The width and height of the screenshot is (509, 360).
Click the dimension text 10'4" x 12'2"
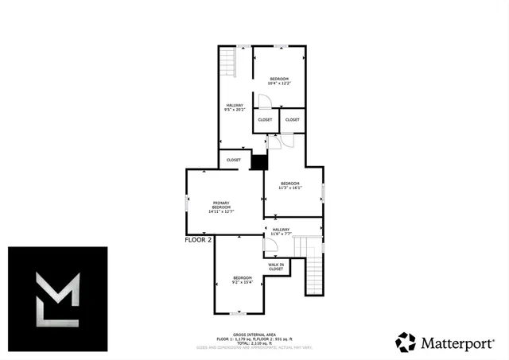(x=278, y=83)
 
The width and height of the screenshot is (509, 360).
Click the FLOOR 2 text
(x=199, y=239)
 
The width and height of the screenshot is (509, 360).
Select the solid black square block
(x=258, y=161)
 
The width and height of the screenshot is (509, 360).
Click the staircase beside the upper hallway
(x=228, y=61)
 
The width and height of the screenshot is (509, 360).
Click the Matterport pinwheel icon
(x=406, y=343)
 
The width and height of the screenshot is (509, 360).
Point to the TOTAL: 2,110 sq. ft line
(x=254, y=343)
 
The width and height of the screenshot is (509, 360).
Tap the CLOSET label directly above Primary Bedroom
(x=233, y=160)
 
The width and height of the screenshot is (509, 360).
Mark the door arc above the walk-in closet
(x=269, y=245)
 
